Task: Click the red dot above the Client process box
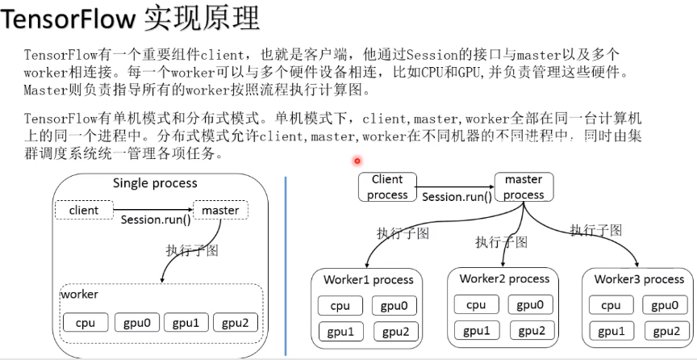point(357,161)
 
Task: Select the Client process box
point(387,187)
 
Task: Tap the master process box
point(524,186)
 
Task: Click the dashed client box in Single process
point(84,210)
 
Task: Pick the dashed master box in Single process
point(220,210)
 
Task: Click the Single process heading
point(153,183)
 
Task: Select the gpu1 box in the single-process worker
point(185,323)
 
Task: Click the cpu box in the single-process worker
point(86,323)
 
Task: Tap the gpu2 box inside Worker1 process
point(395,332)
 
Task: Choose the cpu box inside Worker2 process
point(476,304)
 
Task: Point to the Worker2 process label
point(504,278)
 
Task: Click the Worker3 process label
point(639,278)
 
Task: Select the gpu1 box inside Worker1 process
point(340,332)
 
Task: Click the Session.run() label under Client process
point(457,197)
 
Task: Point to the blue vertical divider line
point(286,266)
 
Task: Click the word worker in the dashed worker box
point(79,295)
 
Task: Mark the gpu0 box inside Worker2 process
point(529,304)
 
